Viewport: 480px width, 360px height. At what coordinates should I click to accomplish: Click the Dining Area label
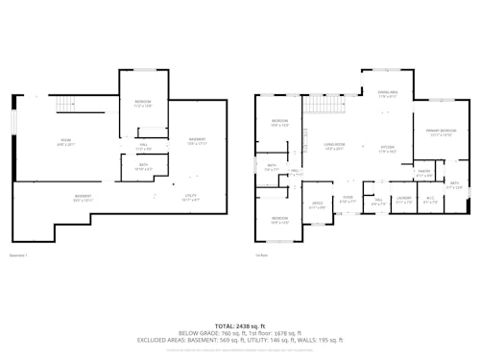point(388,94)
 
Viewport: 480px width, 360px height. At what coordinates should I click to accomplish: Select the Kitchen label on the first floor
point(387,149)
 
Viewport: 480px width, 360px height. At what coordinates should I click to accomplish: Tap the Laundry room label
point(404,201)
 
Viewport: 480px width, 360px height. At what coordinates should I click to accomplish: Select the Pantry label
point(423,174)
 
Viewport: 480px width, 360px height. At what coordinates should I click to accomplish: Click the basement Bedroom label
point(142,103)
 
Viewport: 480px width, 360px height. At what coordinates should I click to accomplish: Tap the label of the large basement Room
point(66,142)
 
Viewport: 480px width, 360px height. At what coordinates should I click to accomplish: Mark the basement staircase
point(64,105)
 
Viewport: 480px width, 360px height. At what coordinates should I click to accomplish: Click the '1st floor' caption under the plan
point(261,255)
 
